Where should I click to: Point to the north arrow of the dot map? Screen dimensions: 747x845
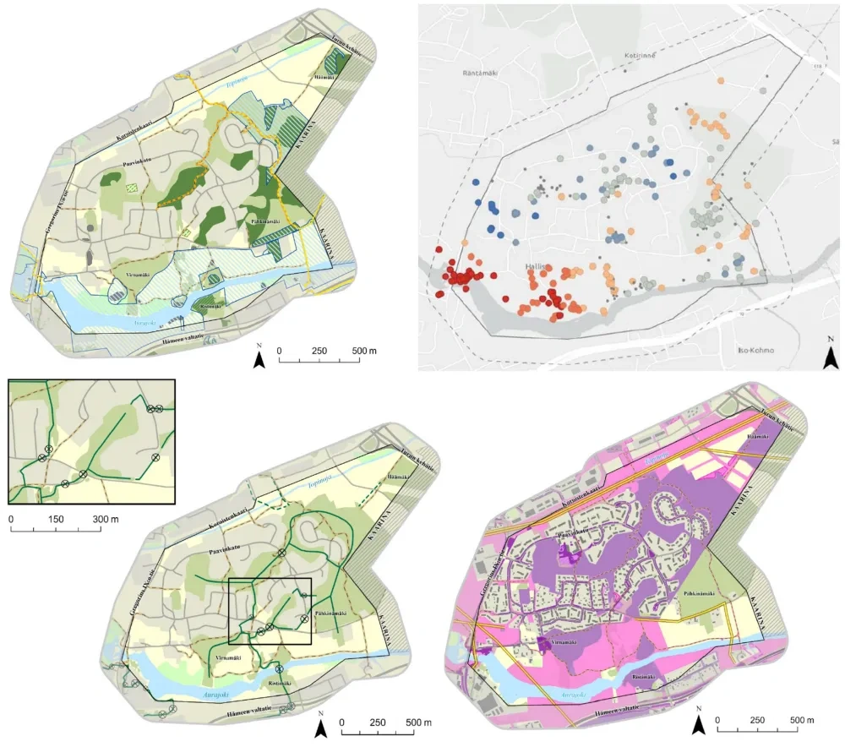(831, 356)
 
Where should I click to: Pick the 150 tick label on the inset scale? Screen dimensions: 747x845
(56, 518)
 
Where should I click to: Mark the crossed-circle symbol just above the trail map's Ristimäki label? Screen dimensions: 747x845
(279, 670)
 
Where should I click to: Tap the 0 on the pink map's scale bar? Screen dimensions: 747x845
(717, 721)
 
